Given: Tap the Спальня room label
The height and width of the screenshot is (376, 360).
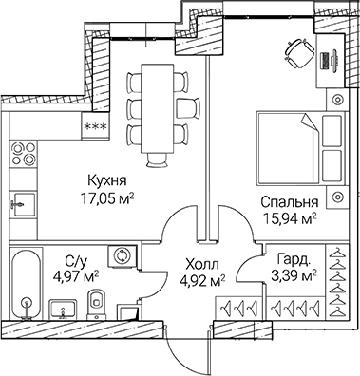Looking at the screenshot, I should click(288, 201).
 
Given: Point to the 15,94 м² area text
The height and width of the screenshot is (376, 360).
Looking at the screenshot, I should click(288, 217).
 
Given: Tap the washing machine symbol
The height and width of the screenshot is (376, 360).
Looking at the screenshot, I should click(122, 255).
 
